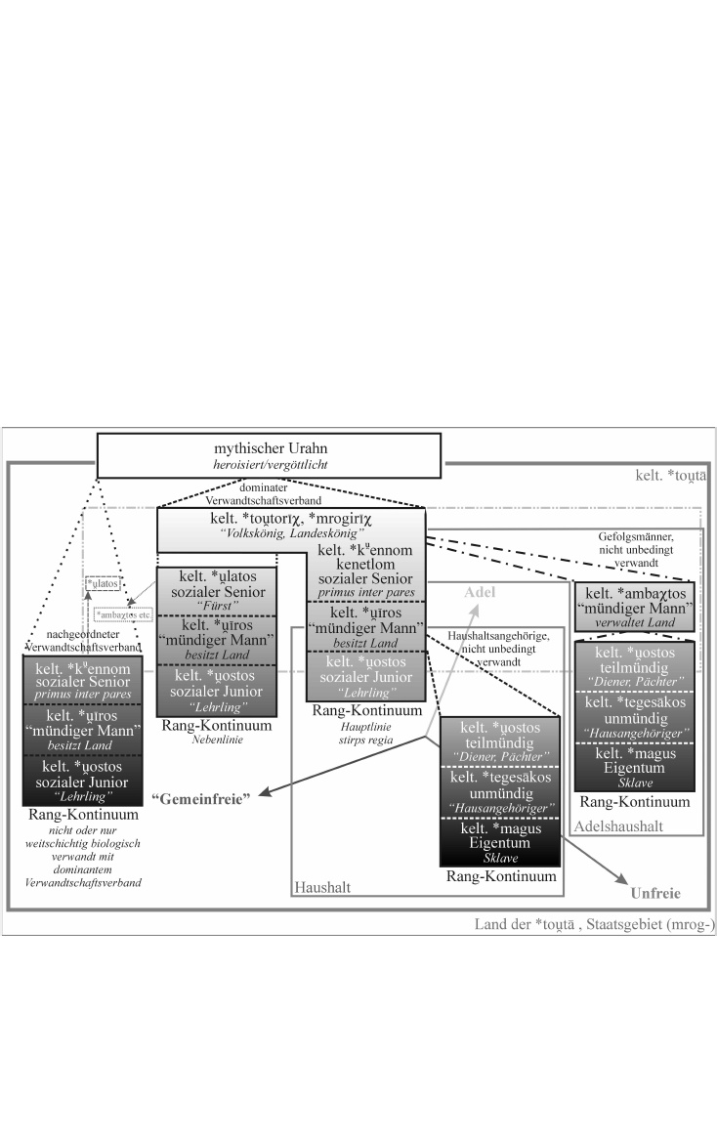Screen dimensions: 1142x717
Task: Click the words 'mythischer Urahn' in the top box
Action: [x=269, y=450]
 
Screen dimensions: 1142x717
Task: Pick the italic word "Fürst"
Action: [x=217, y=609]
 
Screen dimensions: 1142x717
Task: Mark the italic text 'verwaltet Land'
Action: [x=635, y=621]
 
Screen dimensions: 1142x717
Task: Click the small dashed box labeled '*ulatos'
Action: [x=103, y=583]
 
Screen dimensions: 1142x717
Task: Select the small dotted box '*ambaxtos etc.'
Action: [x=124, y=614]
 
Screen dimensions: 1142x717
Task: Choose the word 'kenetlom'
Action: [x=366, y=566]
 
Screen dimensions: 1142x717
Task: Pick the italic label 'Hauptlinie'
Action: [x=366, y=725]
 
